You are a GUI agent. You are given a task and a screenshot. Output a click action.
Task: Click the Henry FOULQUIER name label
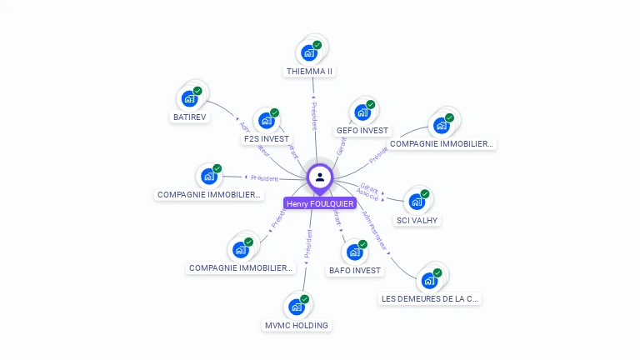(x=320, y=203)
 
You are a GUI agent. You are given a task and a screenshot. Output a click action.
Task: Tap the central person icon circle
(x=320, y=177)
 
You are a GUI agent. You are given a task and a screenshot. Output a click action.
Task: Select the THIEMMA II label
(x=309, y=72)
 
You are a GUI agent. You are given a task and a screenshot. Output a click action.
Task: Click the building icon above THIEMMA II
(x=309, y=52)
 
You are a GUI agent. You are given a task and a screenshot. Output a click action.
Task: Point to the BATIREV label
(x=189, y=117)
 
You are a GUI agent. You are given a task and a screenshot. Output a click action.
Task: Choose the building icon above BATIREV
(x=189, y=98)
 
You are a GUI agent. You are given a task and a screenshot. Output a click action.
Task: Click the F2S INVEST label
(x=266, y=139)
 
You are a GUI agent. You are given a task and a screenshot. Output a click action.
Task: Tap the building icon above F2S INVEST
(x=266, y=120)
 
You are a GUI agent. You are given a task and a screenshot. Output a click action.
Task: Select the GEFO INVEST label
(x=362, y=131)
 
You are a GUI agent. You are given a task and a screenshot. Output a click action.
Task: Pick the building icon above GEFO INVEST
(x=362, y=112)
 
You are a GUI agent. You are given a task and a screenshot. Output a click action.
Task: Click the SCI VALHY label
(x=417, y=221)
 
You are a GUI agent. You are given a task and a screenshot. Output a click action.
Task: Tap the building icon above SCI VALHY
(x=417, y=201)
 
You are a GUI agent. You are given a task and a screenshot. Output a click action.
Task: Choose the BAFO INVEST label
(x=355, y=271)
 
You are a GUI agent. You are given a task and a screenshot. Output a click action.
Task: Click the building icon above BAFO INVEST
(x=355, y=251)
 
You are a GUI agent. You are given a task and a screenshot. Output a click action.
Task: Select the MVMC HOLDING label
(x=296, y=325)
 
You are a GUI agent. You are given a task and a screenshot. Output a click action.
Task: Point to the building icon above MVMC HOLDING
(x=296, y=306)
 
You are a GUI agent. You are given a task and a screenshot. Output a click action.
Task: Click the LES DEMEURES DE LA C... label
(x=430, y=299)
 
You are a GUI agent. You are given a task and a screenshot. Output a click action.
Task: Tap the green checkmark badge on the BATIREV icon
(x=197, y=91)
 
